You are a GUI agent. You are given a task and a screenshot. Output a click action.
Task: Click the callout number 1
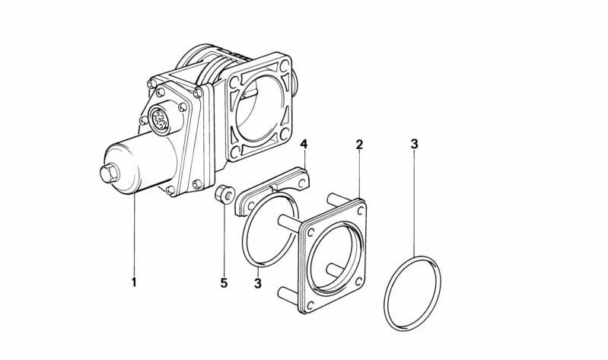(x=133, y=283)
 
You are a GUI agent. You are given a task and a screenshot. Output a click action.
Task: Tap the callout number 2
(x=359, y=144)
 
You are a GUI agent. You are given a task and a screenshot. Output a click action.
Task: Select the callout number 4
(x=304, y=144)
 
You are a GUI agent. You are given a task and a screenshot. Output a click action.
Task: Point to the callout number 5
(x=224, y=283)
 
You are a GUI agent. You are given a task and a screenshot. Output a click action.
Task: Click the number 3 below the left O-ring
(x=258, y=283)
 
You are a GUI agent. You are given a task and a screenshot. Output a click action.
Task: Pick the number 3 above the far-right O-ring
(x=414, y=144)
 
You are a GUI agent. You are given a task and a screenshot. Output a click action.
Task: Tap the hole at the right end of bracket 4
(x=300, y=175)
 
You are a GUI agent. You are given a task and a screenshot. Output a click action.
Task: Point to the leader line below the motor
(x=133, y=236)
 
